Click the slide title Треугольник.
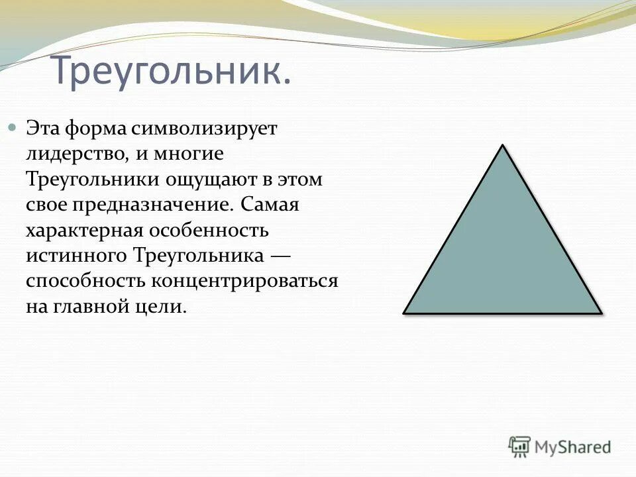[170, 72]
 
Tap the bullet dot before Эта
[11, 126]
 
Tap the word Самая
[270, 205]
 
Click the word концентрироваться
[246, 281]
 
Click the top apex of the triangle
[503, 146]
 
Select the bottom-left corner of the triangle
[405, 312]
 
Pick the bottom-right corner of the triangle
[600, 312]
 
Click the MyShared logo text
[572, 447]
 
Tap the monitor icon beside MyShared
[520, 447]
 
